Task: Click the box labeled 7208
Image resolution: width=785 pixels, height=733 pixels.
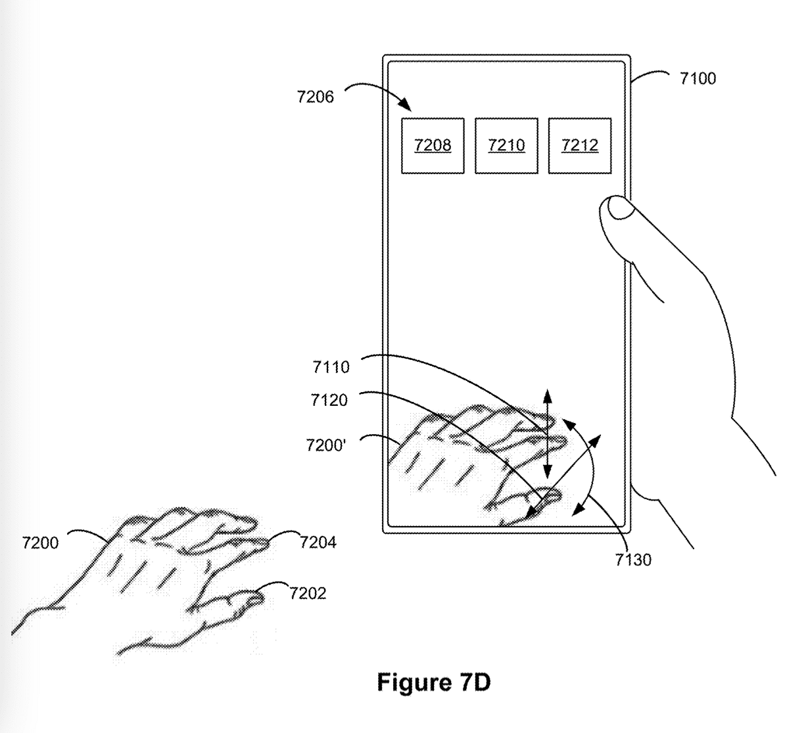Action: (x=433, y=146)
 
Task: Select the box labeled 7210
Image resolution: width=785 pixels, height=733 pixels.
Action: (x=506, y=146)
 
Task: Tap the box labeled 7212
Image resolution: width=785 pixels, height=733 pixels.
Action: (x=580, y=146)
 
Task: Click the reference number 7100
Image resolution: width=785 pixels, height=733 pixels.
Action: (x=698, y=79)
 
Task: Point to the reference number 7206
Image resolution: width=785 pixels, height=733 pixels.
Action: (x=316, y=97)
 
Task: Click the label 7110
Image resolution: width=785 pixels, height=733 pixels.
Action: (x=331, y=368)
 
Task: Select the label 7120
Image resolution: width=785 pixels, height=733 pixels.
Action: (x=329, y=400)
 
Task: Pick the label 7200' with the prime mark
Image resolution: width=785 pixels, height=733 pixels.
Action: (x=326, y=445)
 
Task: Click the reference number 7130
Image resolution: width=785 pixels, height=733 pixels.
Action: (x=633, y=560)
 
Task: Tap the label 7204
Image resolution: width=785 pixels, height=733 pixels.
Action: (x=318, y=542)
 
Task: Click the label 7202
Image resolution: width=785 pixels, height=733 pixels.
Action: (x=308, y=594)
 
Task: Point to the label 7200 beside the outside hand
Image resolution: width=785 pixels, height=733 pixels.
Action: (x=40, y=543)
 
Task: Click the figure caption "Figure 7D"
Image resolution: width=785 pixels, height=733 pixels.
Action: (x=433, y=682)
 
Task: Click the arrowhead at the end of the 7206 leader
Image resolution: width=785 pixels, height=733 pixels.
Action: (x=406, y=105)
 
